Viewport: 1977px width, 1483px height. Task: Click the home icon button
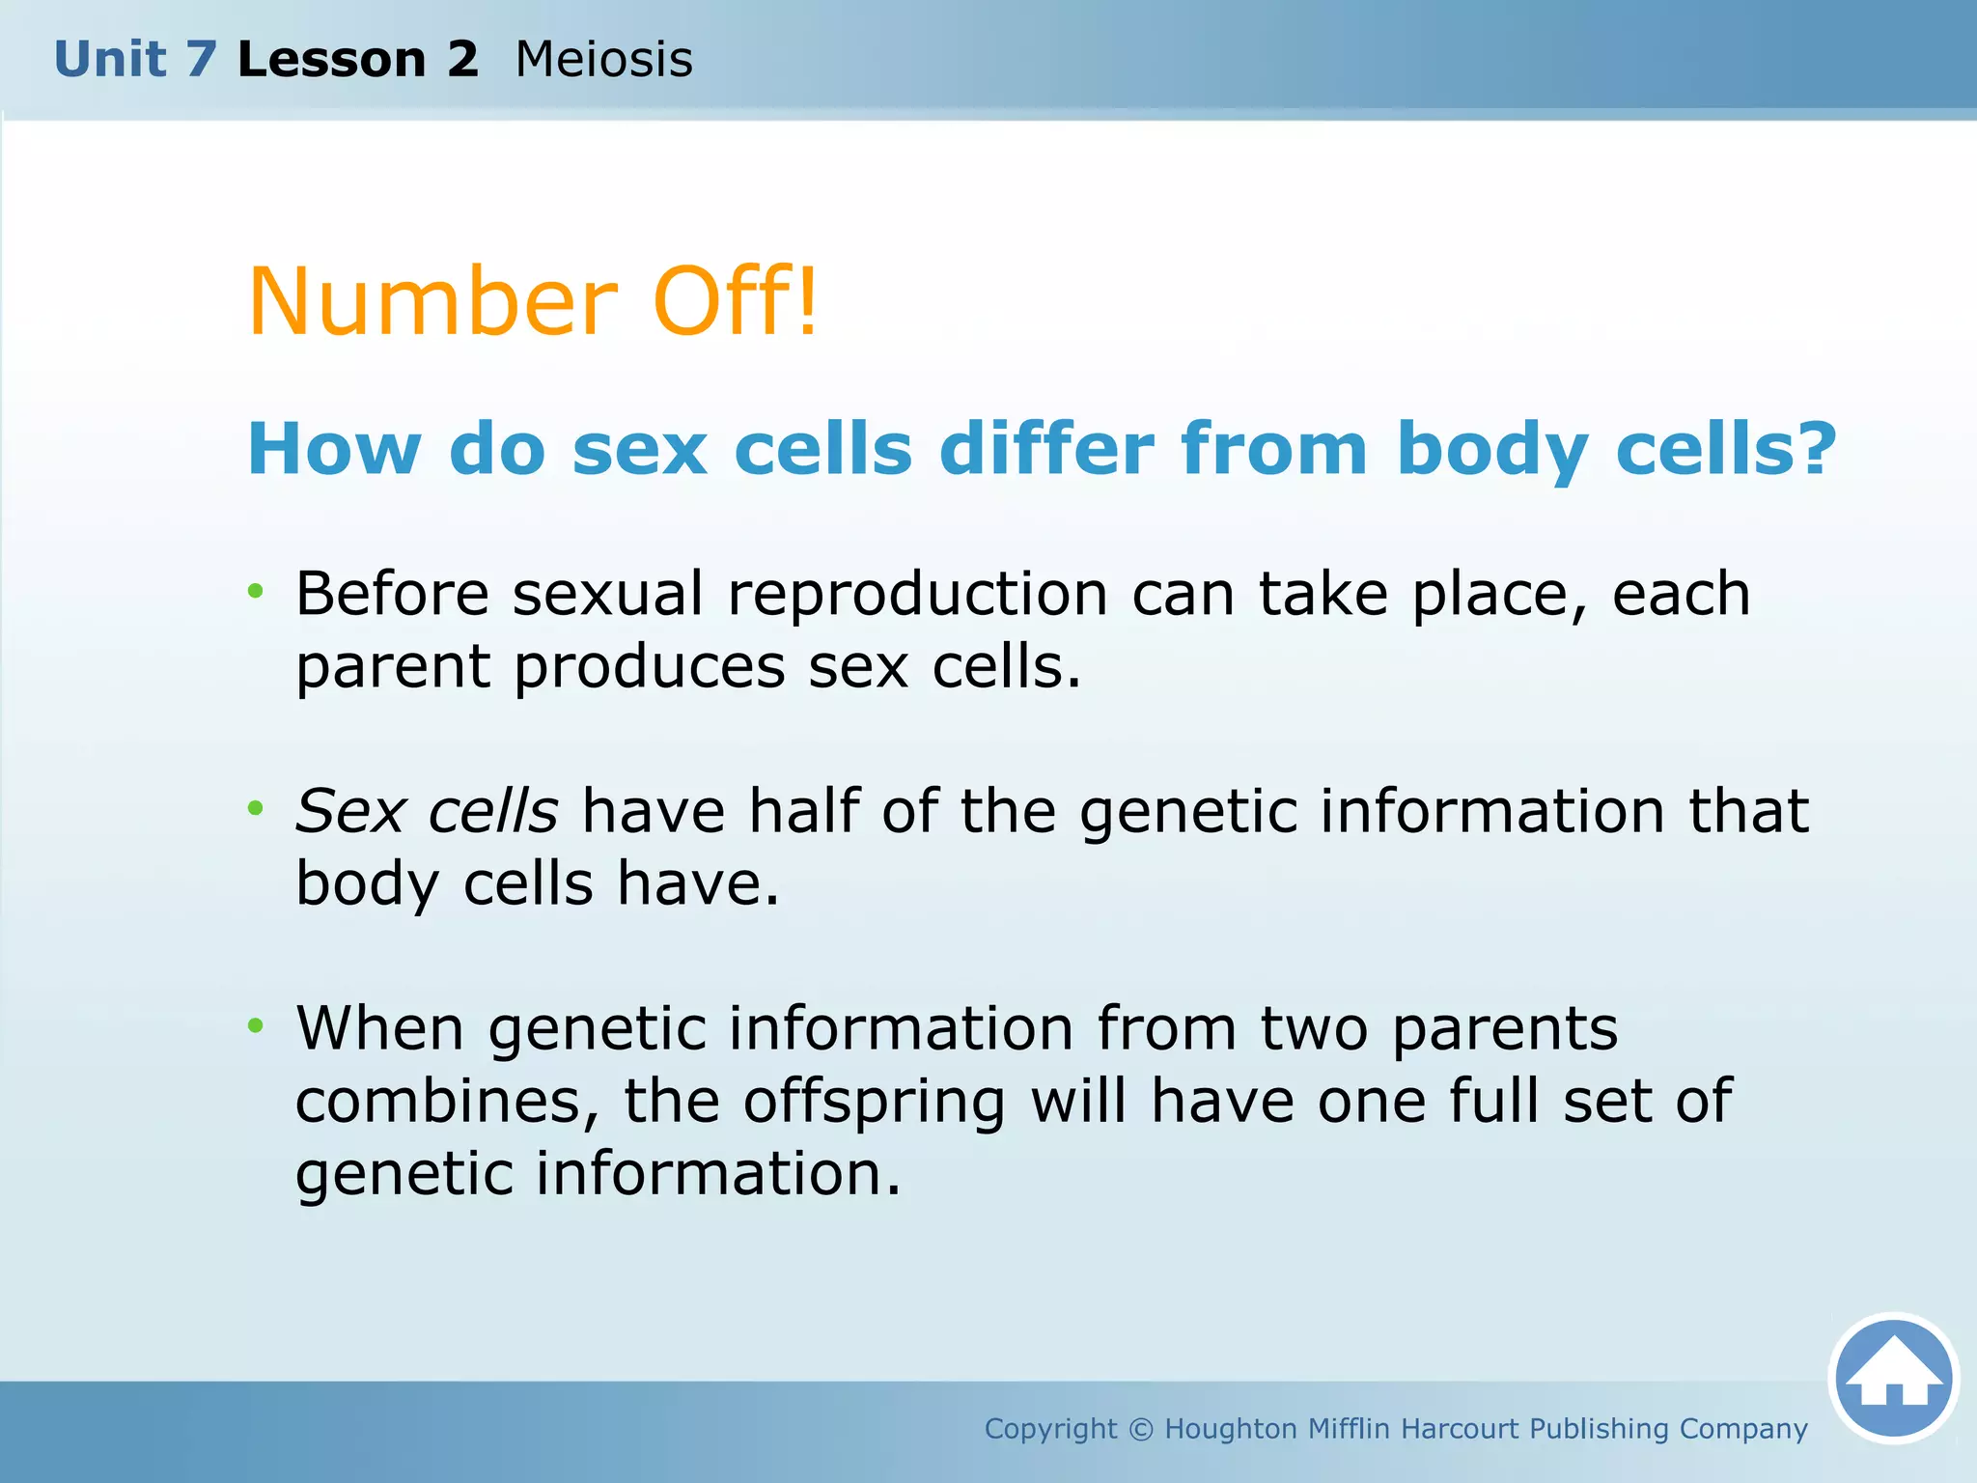tap(1893, 1379)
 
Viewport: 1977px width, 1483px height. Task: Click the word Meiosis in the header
tap(604, 60)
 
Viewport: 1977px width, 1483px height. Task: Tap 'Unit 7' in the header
tap(134, 60)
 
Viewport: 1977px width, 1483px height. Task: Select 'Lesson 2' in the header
tap(357, 60)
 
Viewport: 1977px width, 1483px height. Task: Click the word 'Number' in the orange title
tap(432, 302)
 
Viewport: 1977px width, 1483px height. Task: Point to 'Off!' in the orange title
tap(736, 302)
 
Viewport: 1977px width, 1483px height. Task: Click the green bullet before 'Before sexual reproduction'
tap(255, 591)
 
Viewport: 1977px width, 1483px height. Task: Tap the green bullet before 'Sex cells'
tap(255, 808)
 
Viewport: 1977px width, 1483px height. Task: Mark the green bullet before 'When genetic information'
tap(255, 1025)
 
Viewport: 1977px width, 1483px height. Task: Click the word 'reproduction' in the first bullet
tap(917, 595)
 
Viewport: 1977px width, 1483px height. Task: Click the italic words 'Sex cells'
tap(426, 811)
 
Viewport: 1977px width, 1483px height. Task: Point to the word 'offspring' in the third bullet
tap(874, 1103)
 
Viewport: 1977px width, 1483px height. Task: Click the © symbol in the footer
tap(1140, 1429)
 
